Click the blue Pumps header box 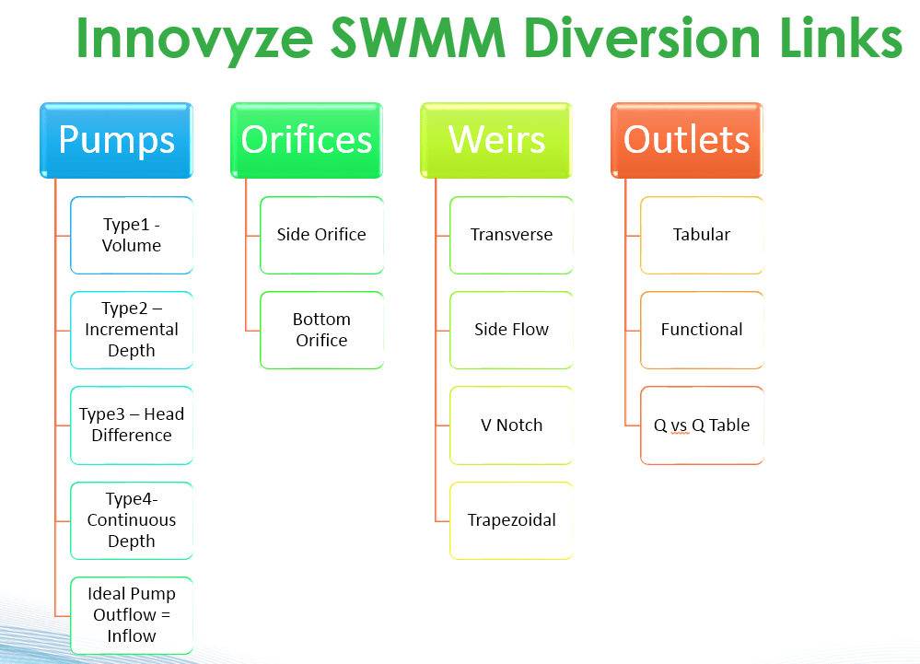(x=116, y=140)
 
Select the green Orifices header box (x=307, y=140)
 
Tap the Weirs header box (x=497, y=140)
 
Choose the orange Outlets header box (x=687, y=140)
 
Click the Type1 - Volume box (x=132, y=235)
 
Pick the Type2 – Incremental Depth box (x=132, y=330)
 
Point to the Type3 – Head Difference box (x=132, y=425)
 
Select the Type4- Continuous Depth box (x=132, y=520)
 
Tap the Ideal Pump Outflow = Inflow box (x=132, y=615)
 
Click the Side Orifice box (x=321, y=235)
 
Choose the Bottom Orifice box (x=321, y=330)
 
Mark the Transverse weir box (x=511, y=235)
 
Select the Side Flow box (x=511, y=330)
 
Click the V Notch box (x=511, y=425)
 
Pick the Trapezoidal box (x=511, y=520)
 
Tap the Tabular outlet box (x=702, y=235)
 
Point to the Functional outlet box (x=702, y=330)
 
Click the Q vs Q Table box (x=702, y=425)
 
